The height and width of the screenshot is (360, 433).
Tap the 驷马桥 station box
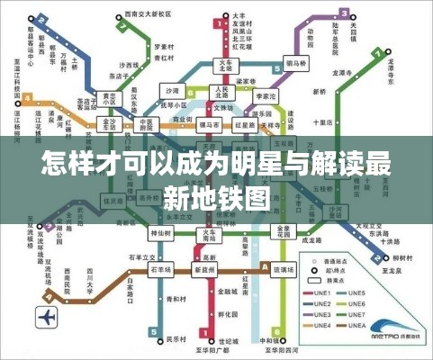click(x=295, y=65)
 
